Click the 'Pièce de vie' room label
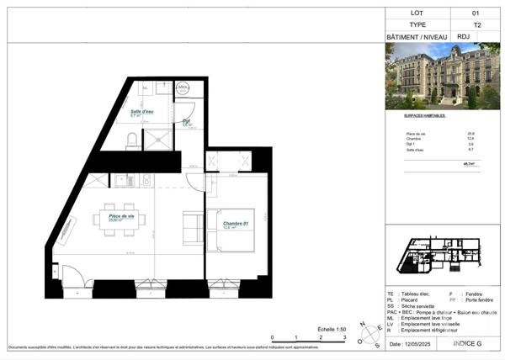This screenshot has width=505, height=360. click(x=123, y=216)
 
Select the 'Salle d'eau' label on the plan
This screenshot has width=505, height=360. click(x=141, y=111)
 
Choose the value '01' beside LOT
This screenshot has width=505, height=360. click(x=476, y=13)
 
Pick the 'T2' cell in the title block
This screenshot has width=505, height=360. click(x=476, y=25)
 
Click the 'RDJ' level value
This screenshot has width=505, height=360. click(x=476, y=38)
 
